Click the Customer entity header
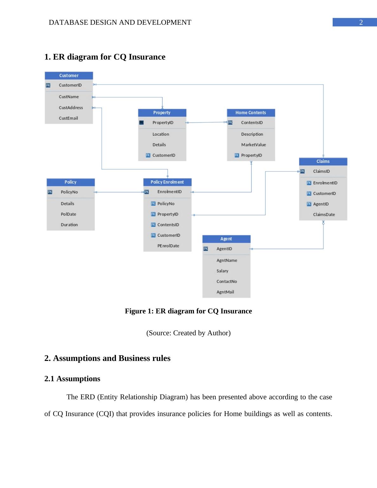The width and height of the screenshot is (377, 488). point(69,75)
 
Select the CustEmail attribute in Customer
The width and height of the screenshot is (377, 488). point(68,118)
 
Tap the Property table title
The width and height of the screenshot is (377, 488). point(162,112)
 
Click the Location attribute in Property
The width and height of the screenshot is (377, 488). point(161,134)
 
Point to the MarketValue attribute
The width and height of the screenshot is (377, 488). point(253,144)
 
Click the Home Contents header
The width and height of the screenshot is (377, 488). point(251,112)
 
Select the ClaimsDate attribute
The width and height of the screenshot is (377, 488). point(324,215)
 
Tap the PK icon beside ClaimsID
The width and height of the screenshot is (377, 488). point(302,171)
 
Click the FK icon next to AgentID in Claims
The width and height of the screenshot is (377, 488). point(309,204)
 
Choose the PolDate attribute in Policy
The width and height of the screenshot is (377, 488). point(68,214)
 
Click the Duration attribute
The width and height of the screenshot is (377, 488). point(69,225)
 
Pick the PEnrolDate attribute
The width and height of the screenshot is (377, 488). point(168,246)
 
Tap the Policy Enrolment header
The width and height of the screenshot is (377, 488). point(167,182)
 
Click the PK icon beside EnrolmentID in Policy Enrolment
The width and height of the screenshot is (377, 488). point(146,192)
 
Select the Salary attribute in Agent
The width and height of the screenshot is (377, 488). point(222,271)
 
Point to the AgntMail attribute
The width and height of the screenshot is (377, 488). point(225,292)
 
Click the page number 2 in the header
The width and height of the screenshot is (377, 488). point(361,22)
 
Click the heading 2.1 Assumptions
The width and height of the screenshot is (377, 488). point(72,379)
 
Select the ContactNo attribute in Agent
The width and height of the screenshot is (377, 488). point(227,281)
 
